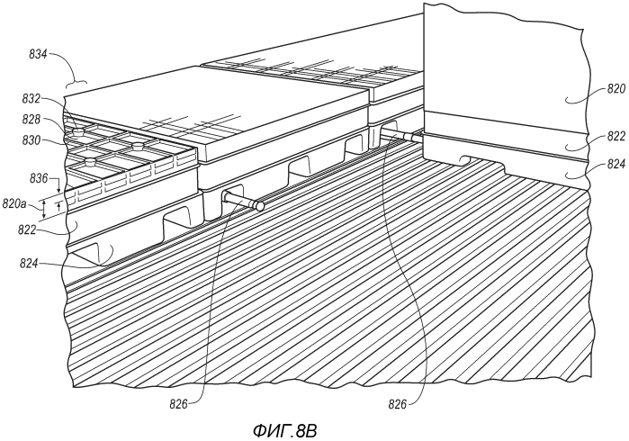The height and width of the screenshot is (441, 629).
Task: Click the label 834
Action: click(38, 54)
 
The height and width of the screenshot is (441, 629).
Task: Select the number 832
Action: click(31, 99)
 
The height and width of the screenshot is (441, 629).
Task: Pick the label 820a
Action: click(14, 203)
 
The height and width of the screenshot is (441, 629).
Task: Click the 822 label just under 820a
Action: click(27, 230)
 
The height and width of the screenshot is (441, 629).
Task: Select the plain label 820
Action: click(616, 89)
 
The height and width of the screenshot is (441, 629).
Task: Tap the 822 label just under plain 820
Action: click(616, 137)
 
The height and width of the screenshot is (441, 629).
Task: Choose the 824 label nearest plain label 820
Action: click(616, 164)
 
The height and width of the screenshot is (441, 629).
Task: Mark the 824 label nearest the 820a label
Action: click(30, 264)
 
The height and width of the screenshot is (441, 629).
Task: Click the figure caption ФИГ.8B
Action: click(285, 431)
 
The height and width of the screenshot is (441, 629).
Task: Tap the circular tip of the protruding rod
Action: click(259, 206)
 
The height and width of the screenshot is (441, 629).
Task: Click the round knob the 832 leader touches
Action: click(78, 130)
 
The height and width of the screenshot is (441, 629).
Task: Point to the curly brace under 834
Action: click(76, 83)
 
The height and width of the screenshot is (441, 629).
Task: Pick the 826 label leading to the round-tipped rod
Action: click(179, 405)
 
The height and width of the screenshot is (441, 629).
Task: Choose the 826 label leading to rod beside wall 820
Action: click(398, 405)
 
